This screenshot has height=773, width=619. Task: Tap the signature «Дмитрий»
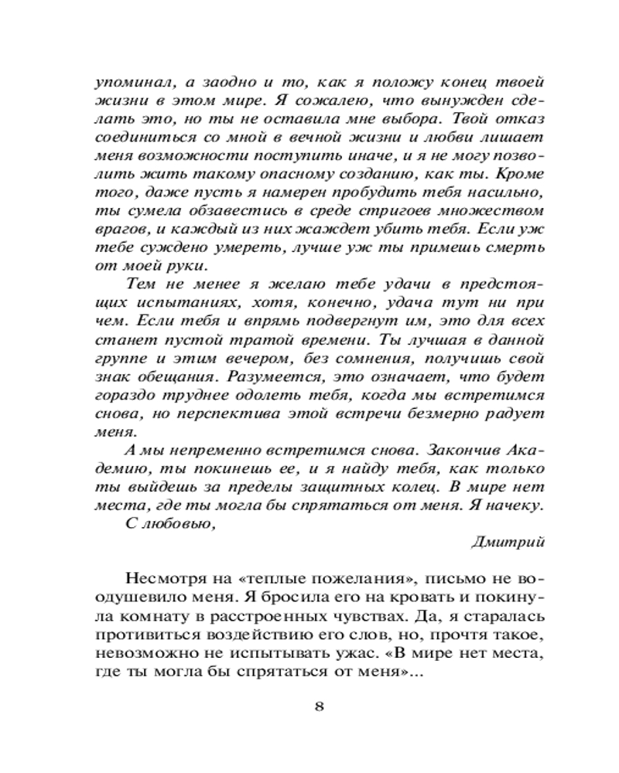(x=508, y=541)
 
